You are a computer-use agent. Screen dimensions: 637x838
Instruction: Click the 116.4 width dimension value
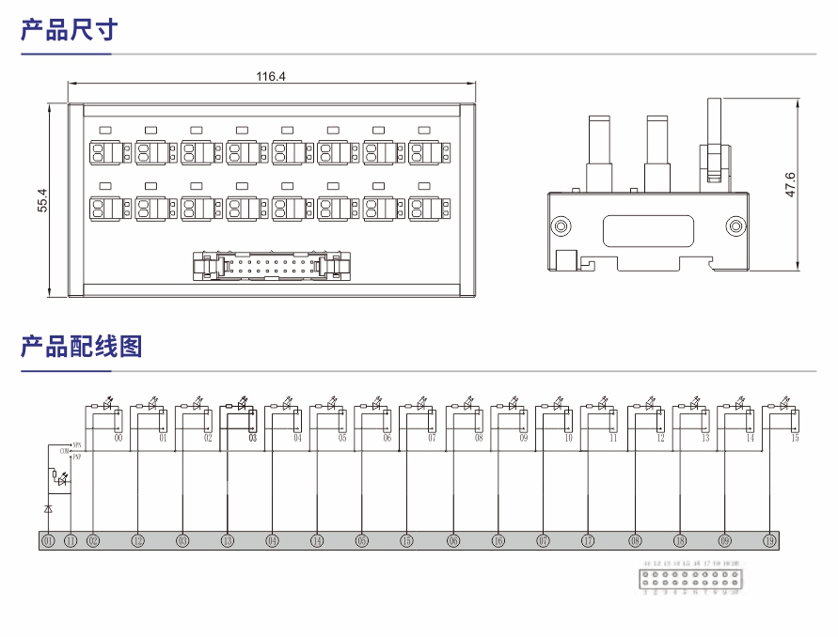pyautogui.click(x=271, y=77)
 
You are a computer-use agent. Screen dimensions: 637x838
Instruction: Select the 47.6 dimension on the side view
pyautogui.click(x=790, y=184)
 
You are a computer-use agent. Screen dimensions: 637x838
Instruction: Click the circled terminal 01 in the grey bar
pyautogui.click(x=48, y=541)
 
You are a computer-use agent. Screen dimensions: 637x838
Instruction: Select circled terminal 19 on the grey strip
pyautogui.click(x=769, y=541)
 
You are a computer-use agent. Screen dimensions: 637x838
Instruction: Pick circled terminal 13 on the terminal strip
pyautogui.click(x=228, y=541)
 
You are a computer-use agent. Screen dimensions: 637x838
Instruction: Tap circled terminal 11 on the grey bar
pyautogui.click(x=71, y=541)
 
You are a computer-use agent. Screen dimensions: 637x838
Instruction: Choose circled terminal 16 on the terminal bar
pyautogui.click(x=498, y=541)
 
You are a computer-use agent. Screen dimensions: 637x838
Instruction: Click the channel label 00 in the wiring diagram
pyautogui.click(x=119, y=438)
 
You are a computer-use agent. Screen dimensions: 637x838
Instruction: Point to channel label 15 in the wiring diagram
pyautogui.click(x=795, y=438)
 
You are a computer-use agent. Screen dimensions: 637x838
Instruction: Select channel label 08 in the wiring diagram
pyautogui.click(x=479, y=438)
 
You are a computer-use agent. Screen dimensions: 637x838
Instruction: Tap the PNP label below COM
pyautogui.click(x=76, y=458)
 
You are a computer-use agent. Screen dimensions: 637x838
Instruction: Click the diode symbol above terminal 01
pyautogui.click(x=48, y=507)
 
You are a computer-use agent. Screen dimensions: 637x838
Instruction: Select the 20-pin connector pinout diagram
pyautogui.click(x=690, y=577)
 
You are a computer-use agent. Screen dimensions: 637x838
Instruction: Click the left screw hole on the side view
pyautogui.click(x=561, y=225)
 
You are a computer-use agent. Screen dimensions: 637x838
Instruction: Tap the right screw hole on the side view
pyautogui.click(x=735, y=225)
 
